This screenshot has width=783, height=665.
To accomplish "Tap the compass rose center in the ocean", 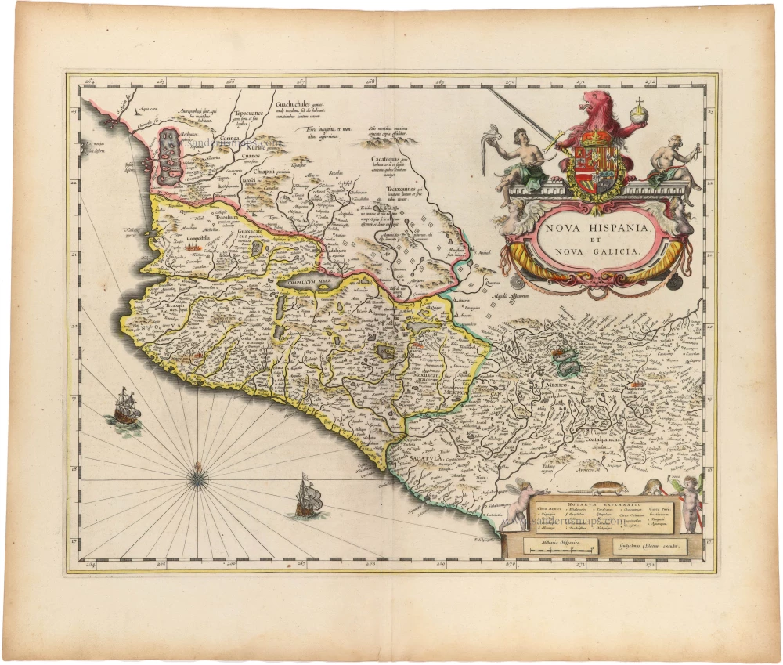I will pos(197,472).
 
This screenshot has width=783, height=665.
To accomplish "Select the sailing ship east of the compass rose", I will pos(307,497).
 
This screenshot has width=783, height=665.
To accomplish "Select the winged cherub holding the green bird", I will pos(689,501).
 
